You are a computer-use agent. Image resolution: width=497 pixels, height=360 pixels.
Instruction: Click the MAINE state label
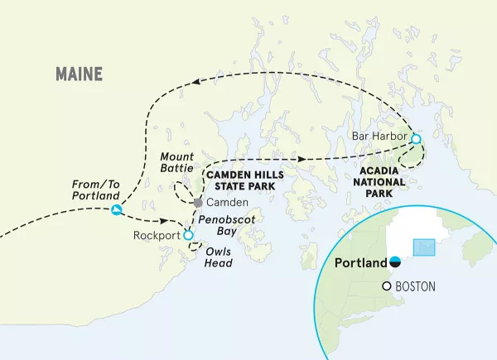pyautogui.click(x=79, y=74)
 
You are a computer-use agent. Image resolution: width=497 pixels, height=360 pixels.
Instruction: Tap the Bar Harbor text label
pyautogui.click(x=378, y=136)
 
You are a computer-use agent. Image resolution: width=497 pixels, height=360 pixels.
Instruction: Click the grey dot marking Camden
pyautogui.click(x=197, y=203)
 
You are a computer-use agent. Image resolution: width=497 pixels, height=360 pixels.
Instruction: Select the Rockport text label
pyautogui.click(x=155, y=236)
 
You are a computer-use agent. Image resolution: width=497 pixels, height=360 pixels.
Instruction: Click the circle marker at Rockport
pyautogui.click(x=188, y=236)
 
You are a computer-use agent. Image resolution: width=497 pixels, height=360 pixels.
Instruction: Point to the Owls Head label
pyautogui.click(x=219, y=258)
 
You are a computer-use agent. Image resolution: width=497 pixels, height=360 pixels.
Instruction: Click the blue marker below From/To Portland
pyautogui.click(x=117, y=211)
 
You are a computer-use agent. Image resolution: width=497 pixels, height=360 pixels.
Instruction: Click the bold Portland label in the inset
pyautogui.click(x=361, y=263)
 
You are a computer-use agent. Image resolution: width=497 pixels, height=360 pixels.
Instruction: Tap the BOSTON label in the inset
pyautogui.click(x=416, y=286)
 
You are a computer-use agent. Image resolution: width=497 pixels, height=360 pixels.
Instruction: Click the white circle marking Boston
pyautogui.click(x=387, y=286)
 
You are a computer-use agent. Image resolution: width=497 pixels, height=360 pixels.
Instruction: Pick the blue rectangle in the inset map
pyautogui.click(x=423, y=247)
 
